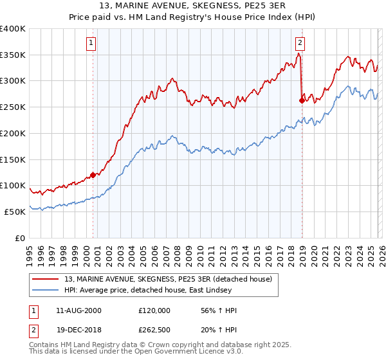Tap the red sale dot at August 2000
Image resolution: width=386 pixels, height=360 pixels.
(x=93, y=174)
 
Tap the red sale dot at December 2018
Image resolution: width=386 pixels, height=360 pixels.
(x=302, y=100)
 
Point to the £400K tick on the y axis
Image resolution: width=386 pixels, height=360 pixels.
(x=13, y=29)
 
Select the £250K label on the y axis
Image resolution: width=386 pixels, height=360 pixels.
(x=13, y=107)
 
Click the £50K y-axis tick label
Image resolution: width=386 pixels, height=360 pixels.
(x=15, y=212)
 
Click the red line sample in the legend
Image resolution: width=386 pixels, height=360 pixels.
(x=46, y=279)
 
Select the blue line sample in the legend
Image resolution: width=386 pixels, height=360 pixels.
(x=46, y=290)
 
